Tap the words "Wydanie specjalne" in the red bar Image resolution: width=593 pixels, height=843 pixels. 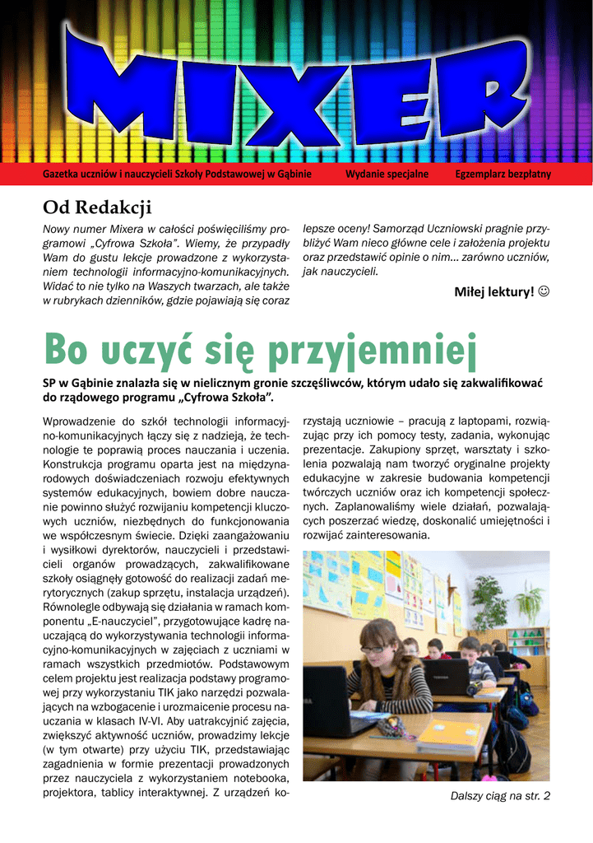coord(387,175)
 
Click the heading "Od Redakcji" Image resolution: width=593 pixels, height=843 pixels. coord(98,206)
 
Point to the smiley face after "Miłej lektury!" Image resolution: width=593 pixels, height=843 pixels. coord(544,291)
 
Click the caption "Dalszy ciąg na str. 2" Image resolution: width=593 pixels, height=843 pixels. coord(500,796)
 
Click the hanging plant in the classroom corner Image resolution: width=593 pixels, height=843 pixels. coord(526,601)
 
